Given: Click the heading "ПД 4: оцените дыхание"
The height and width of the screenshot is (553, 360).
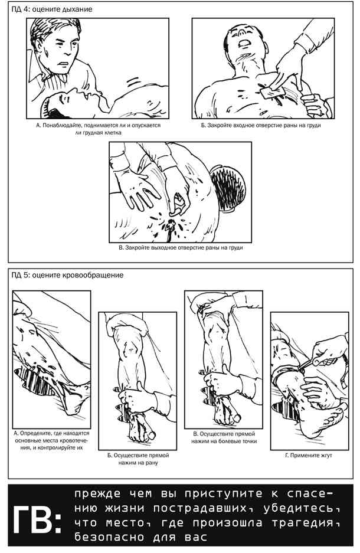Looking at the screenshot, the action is [x=52, y=9].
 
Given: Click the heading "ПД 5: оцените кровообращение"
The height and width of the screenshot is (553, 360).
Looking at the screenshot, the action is [x=67, y=275].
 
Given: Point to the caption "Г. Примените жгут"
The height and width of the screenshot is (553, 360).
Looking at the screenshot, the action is [x=309, y=455].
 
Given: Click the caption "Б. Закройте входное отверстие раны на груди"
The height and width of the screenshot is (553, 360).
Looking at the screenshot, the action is [x=261, y=125].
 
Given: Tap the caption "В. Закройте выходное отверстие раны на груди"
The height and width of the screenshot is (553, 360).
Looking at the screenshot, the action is [x=181, y=247].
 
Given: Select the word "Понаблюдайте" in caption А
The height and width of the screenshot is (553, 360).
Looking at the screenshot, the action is [x=62, y=125].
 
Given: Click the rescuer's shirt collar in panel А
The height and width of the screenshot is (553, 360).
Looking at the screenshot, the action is [x=39, y=71].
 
